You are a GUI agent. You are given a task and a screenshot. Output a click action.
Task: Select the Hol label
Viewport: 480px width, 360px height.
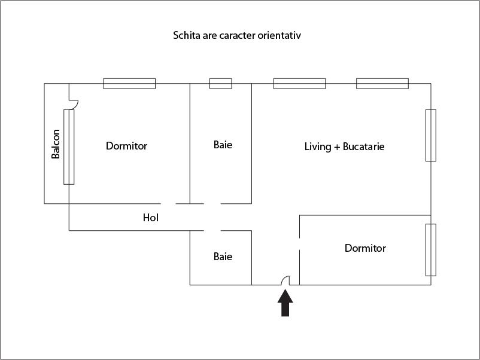[150, 218]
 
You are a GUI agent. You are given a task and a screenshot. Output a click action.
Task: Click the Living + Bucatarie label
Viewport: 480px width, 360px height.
[344, 146]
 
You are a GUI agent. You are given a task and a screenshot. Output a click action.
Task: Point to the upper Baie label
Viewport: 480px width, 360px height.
[223, 145]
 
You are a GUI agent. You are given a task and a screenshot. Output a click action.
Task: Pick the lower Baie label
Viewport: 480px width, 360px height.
[223, 257]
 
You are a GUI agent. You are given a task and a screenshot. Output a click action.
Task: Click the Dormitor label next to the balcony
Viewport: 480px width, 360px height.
[126, 146]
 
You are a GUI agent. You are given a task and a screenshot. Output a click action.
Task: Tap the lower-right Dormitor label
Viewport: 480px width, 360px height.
[365, 248]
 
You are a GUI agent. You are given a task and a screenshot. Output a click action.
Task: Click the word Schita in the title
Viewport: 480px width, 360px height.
[186, 35]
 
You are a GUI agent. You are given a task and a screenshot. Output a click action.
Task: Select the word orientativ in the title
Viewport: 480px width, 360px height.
[279, 35]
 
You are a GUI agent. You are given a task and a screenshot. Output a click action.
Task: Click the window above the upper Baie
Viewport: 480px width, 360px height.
[220, 84]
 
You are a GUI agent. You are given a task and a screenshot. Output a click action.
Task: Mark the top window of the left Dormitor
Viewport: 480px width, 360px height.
[129, 84]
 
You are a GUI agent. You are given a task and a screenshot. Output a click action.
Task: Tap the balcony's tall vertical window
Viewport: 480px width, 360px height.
[69, 147]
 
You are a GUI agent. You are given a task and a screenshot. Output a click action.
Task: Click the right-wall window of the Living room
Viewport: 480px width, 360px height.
[430, 135]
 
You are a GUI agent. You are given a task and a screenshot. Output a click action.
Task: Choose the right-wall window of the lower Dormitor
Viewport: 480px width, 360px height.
[430, 249]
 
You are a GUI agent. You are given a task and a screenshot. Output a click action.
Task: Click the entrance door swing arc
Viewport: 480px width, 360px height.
[285, 279]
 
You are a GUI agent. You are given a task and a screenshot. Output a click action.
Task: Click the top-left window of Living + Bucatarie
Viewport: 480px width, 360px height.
[299, 84]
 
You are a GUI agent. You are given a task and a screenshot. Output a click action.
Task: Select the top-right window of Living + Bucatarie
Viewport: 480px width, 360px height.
[382, 84]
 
